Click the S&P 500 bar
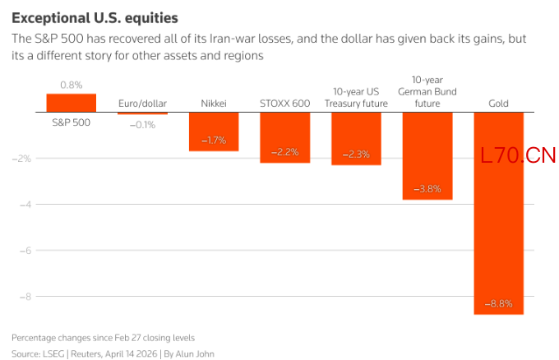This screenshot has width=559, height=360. point(72,103)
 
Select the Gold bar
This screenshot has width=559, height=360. point(499,213)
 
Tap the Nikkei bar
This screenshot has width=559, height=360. point(214,132)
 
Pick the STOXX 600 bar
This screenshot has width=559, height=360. point(285,137)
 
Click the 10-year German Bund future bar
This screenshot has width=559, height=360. point(427,156)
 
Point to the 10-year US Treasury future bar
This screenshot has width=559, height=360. point(356,139)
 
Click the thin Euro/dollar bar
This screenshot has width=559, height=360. point(142,113)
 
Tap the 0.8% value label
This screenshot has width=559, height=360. point(72,85)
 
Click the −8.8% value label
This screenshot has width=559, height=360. point(499,303)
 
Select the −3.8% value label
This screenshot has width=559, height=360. point(427,188)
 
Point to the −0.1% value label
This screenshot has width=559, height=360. point(142,125)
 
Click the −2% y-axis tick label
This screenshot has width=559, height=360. point(21,159)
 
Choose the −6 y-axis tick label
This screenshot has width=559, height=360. point(25,251)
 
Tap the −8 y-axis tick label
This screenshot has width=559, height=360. point(25,297)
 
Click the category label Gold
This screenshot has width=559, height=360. point(498,104)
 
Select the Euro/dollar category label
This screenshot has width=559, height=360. point(142,104)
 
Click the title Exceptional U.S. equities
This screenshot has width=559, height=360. point(95,18)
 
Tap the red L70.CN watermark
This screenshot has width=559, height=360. point(518,155)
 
